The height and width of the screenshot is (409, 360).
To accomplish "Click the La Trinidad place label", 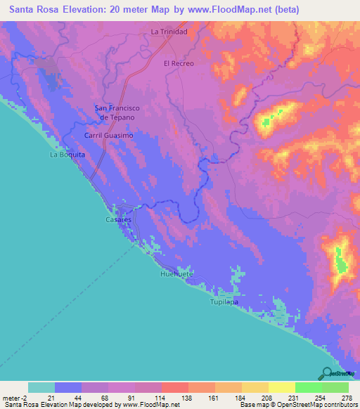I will coord(168,32).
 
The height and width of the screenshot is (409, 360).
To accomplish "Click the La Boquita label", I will coord(67,154).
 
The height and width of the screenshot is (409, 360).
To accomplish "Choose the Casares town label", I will coord(119,220).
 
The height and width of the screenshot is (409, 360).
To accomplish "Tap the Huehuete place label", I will coord(176,273).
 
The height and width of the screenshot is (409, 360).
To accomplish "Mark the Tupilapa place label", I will coord(224,301).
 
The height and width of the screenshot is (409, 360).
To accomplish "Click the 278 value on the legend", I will coord(345,397).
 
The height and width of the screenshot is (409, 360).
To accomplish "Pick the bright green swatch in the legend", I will coord(308,387).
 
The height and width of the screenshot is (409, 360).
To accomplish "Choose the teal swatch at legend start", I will coord(41,387).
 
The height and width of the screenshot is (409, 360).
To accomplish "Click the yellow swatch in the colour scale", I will coord(281,387).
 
